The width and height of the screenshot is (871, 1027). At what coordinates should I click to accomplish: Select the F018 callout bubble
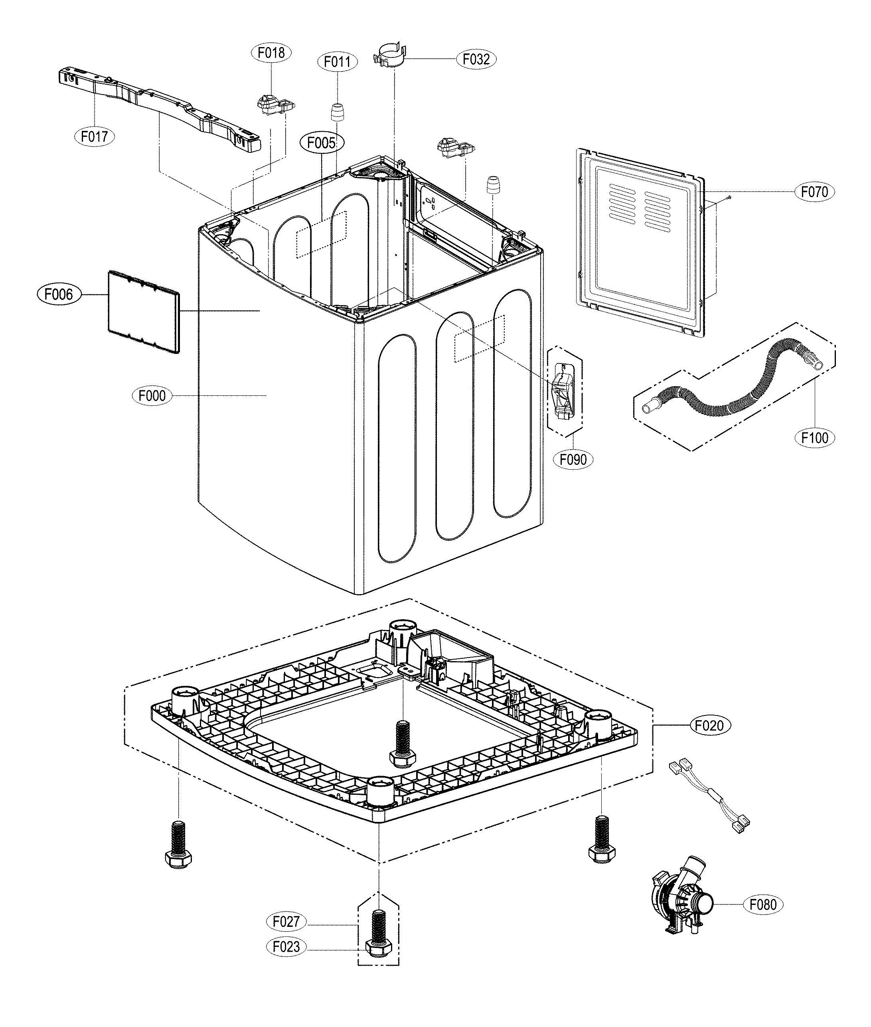pos(271,52)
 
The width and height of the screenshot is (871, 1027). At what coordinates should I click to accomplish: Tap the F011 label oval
pos(337,62)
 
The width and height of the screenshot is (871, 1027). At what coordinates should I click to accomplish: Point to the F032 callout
pos(476,59)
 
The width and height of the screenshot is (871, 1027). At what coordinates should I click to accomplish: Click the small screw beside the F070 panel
pos(729,197)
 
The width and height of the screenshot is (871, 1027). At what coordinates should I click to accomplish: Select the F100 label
pos(815,437)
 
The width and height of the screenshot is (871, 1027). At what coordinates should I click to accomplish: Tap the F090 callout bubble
pos(573,459)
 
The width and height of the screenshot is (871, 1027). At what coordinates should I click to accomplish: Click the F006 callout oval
pos(58,295)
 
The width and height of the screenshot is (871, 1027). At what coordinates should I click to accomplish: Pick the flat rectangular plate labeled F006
pos(143,312)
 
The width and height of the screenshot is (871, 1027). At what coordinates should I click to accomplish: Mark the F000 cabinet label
pos(152,395)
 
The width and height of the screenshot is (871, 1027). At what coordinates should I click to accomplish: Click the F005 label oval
pos(322,143)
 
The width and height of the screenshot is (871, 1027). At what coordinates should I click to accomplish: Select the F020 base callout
pos(709,725)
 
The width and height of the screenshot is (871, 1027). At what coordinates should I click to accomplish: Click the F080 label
pos(763,905)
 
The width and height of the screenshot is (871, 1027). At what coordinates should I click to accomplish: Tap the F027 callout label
pos(286,921)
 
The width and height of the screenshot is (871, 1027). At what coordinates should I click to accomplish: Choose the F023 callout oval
pos(286,946)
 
